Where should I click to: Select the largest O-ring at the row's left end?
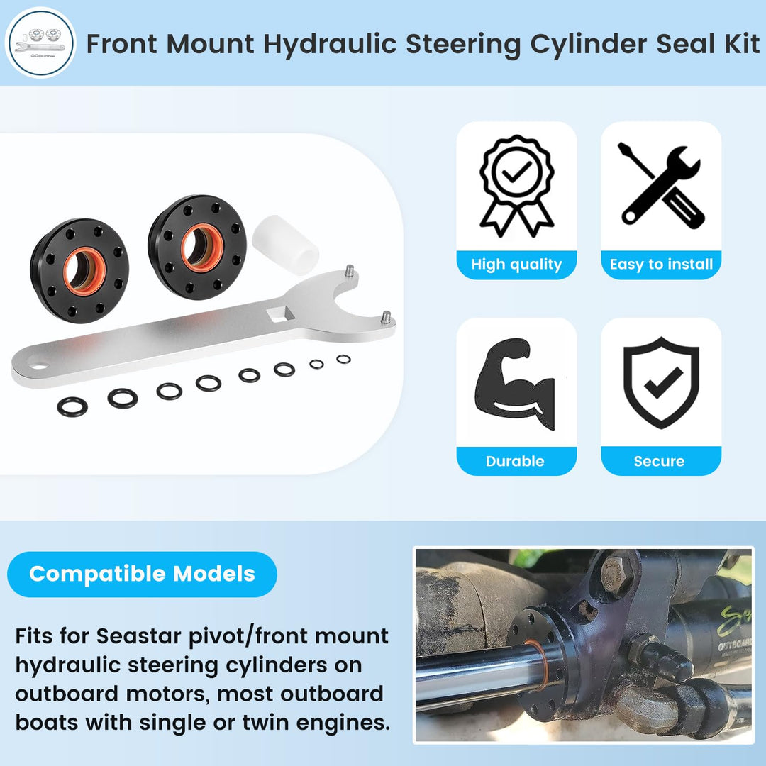tap(72, 406)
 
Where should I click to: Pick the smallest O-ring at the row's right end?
tap(343, 359)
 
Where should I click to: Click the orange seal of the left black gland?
tap(84, 272)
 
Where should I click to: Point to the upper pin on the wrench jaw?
tap(349, 270)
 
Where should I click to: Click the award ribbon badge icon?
tap(517, 186)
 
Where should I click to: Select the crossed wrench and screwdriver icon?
tap(661, 186)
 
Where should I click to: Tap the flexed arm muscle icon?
tap(515, 384)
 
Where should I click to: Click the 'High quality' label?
tap(516, 265)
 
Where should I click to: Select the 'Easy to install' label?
tap(662, 265)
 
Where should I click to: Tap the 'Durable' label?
tap(515, 461)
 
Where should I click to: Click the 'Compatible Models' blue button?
tap(142, 574)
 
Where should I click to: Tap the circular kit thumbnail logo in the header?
tap(40, 43)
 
